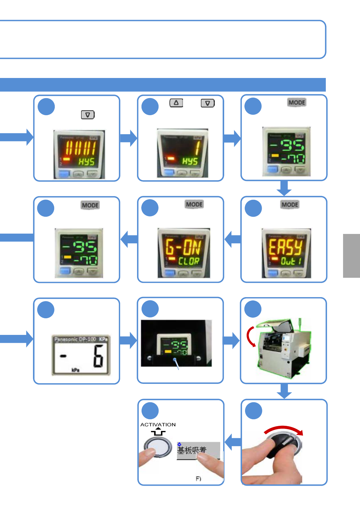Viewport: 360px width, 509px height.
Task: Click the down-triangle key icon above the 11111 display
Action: pyautogui.click(x=88, y=115)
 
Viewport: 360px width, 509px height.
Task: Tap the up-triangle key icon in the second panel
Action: pyautogui.click(x=176, y=103)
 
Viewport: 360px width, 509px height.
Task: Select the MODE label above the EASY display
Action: pyautogui.click(x=290, y=205)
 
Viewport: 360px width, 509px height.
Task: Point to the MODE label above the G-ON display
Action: pyautogui.click(x=194, y=204)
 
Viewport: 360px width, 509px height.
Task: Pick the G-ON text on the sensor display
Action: pyautogui.click(x=183, y=247)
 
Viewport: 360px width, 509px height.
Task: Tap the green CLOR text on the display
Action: pyautogui.click(x=189, y=261)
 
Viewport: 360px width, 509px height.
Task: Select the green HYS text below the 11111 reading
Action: pyautogui.click(x=87, y=162)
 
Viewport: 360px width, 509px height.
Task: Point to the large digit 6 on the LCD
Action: pyautogui.click(x=98, y=357)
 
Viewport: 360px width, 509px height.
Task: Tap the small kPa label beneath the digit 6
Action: pyautogui.click(x=75, y=370)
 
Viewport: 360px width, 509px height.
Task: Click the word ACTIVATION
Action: pyautogui.click(x=158, y=425)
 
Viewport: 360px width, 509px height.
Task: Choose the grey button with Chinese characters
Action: pyautogui.click(x=198, y=450)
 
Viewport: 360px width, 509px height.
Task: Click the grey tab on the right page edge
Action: pyautogui.click(x=352, y=256)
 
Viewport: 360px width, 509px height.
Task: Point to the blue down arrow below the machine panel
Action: pyautogui.click(x=284, y=391)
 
